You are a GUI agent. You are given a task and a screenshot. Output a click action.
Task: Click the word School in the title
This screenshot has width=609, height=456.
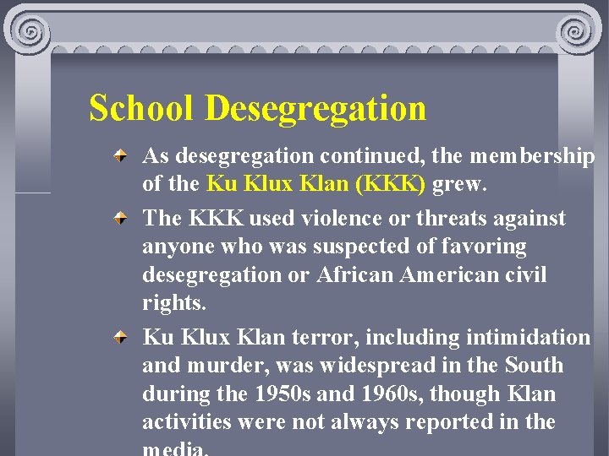click(142, 109)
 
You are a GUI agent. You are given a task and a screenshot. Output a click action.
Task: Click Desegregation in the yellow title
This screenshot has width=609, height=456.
click(315, 109)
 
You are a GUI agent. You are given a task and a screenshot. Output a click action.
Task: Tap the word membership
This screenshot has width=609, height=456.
click(533, 156)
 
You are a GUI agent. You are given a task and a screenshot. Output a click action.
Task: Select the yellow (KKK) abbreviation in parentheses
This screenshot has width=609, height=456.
click(393, 184)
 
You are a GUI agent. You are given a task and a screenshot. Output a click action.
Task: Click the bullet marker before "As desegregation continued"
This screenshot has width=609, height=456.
click(123, 157)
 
